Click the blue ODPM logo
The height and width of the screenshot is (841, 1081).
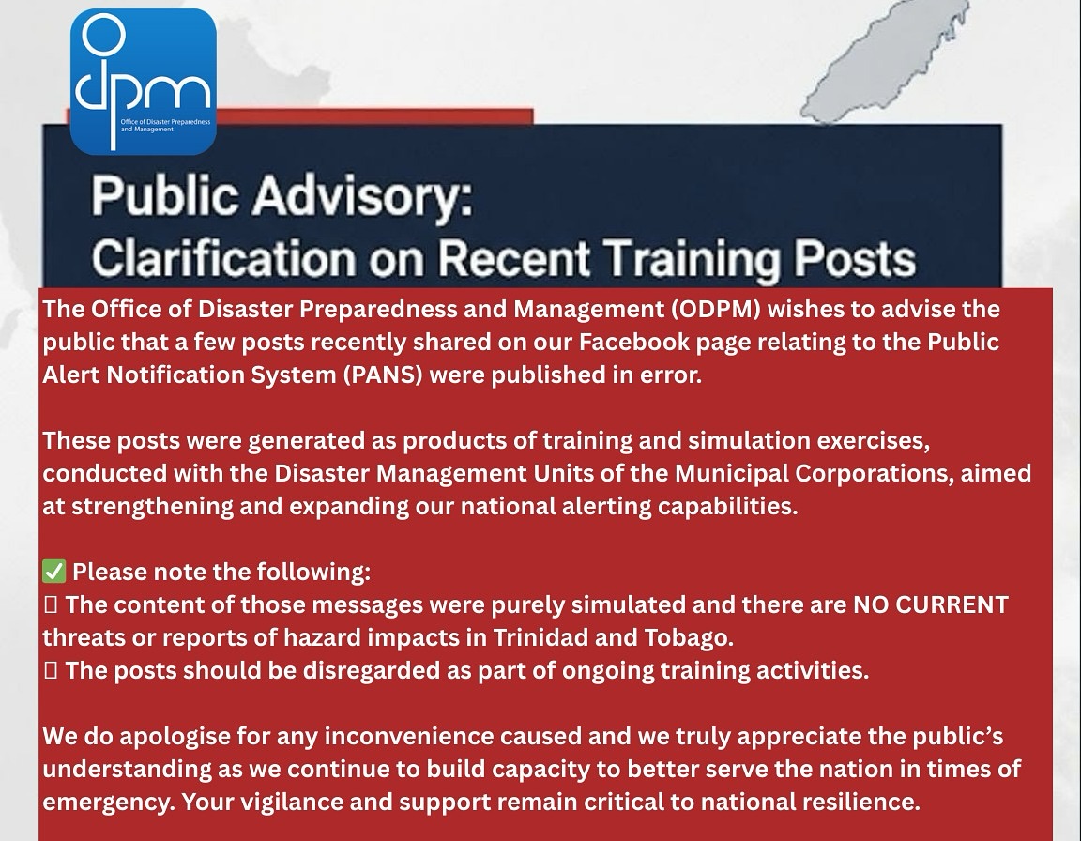click(x=143, y=81)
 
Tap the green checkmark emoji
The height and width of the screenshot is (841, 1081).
click(x=53, y=572)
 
